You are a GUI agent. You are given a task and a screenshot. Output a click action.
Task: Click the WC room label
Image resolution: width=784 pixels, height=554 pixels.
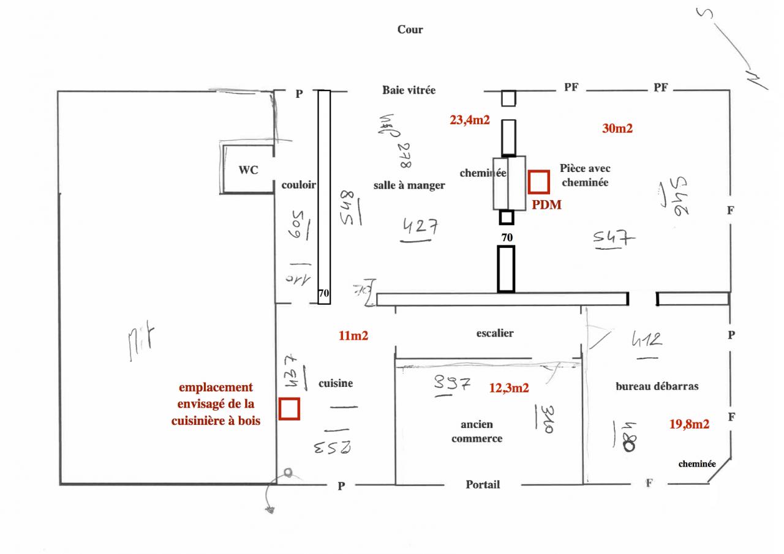pyautogui.click(x=248, y=170)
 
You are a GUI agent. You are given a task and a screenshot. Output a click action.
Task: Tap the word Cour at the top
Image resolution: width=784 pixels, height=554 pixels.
pyautogui.click(x=410, y=29)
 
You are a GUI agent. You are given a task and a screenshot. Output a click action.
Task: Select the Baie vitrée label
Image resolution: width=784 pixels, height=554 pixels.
pyautogui.click(x=409, y=90)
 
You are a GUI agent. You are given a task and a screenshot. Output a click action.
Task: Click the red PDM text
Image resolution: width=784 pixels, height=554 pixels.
pyautogui.click(x=546, y=206)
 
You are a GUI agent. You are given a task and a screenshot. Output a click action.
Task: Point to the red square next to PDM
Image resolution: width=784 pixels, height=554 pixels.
pyautogui.click(x=539, y=182)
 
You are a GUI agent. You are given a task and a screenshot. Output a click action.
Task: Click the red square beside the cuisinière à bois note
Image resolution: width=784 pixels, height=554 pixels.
pyautogui.click(x=289, y=410)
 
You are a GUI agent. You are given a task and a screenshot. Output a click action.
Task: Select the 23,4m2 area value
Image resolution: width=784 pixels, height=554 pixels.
pyautogui.click(x=470, y=121)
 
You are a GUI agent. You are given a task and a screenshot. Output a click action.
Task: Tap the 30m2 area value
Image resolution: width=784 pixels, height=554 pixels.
pyautogui.click(x=617, y=129)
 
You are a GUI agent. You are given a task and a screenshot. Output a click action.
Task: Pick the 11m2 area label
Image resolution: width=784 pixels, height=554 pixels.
pyautogui.click(x=353, y=335)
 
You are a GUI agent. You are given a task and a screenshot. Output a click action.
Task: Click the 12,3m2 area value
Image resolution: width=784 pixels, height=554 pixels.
pyautogui.click(x=509, y=387)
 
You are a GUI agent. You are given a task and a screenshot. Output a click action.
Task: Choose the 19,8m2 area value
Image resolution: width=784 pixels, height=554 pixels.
pyautogui.click(x=689, y=424)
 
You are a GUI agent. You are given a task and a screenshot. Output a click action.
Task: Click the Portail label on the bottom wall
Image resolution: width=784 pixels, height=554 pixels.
pyautogui.click(x=483, y=485)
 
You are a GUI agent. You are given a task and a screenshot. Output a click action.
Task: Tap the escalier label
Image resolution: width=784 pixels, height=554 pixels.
pyautogui.click(x=495, y=334)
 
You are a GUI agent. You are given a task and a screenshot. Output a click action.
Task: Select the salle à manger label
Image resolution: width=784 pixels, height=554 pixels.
pyautogui.click(x=409, y=185)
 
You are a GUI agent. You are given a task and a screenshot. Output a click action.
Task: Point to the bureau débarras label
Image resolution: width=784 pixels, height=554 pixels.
pyautogui.click(x=657, y=387)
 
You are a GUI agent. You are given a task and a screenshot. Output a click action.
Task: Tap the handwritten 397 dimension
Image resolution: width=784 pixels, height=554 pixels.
pyautogui.click(x=452, y=384)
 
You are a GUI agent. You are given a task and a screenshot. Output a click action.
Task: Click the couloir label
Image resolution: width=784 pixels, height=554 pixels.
pyautogui.click(x=298, y=185)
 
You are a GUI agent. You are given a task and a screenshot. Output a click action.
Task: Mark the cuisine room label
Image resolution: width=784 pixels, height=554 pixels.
pyautogui.click(x=336, y=384)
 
